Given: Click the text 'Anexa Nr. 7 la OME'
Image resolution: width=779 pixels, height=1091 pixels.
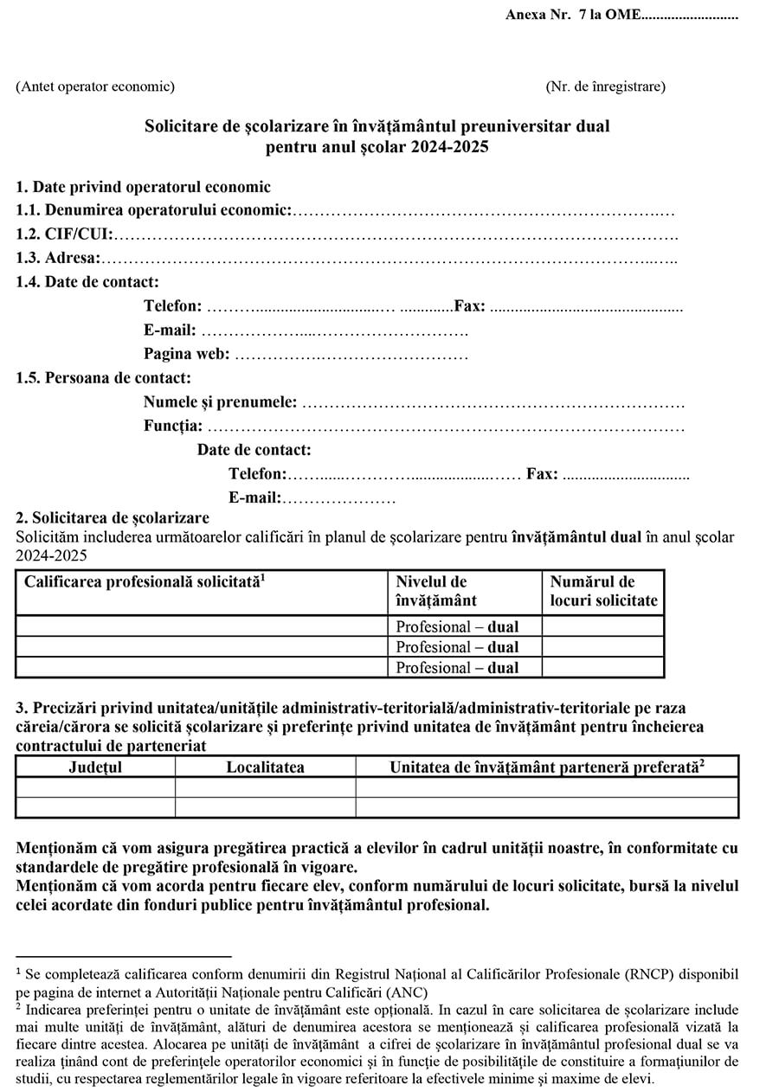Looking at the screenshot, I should tap(573, 16).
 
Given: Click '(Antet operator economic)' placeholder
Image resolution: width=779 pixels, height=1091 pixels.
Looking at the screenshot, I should tap(95, 87).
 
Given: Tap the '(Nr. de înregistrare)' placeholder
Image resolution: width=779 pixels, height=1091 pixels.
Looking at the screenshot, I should tap(605, 87).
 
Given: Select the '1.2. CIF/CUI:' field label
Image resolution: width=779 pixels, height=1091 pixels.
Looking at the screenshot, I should tap(64, 234).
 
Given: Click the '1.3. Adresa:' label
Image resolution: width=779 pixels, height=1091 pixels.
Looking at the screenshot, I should tap(58, 258).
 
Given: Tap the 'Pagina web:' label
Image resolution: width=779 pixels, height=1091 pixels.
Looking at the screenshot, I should tap(186, 354).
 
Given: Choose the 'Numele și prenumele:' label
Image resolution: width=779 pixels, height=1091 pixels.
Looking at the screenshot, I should tap(220, 402).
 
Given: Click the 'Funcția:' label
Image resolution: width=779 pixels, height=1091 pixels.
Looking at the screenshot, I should tap(173, 426).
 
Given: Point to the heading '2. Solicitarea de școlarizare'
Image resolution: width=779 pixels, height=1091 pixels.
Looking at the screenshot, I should tap(113, 518).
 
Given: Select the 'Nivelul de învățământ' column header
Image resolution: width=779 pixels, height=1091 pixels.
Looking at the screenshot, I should tap(436, 591).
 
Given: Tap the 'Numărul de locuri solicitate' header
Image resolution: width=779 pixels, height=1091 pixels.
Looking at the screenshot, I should tap(603, 591).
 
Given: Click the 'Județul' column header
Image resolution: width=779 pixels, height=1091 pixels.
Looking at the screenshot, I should tap(95, 767).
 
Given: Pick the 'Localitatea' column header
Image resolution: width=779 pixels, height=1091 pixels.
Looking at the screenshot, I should tap(265, 767).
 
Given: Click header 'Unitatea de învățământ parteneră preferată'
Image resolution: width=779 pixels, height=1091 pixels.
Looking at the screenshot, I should tap(547, 767).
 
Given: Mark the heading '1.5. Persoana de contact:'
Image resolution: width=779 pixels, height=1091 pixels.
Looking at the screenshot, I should tap(104, 378).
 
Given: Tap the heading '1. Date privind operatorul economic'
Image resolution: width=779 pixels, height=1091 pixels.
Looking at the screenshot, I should tap(143, 187).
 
